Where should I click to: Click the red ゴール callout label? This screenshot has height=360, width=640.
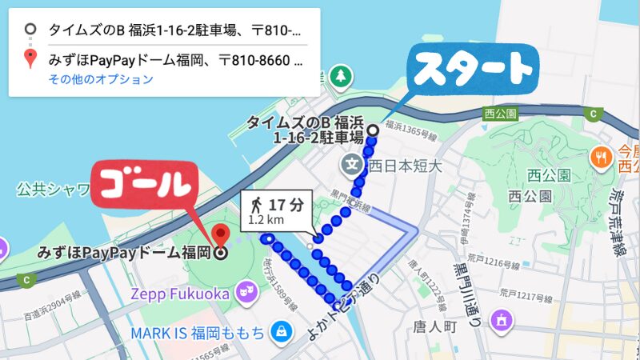[x=147, y=186]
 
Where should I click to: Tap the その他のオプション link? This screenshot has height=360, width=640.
[x=101, y=79]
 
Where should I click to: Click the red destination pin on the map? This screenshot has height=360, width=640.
[x=222, y=235]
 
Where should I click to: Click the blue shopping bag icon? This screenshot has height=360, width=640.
[x=280, y=330]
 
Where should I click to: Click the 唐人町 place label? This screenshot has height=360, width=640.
[x=438, y=327]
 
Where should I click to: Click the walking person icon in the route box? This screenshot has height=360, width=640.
[x=256, y=205]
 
